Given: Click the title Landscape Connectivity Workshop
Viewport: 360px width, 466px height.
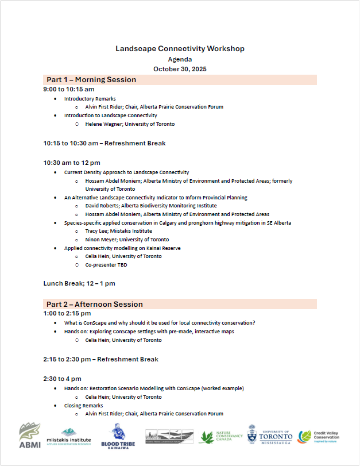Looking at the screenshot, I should tap(180, 49).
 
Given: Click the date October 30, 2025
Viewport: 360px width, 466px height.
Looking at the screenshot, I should tap(180, 69).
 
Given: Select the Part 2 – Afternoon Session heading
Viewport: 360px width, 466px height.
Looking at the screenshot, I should tap(95, 304).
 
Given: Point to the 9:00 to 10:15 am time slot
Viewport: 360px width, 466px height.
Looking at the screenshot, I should tap(69, 90).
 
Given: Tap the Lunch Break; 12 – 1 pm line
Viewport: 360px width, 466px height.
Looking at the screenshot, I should tap(79, 283).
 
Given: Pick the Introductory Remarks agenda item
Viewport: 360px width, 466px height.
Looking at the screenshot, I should tap(90, 99).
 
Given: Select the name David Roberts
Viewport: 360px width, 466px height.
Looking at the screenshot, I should tap(102, 206).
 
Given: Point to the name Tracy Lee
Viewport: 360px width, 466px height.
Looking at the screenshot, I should tap(96, 231).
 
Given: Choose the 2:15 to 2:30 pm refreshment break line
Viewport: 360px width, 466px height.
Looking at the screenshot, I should tap(100, 359).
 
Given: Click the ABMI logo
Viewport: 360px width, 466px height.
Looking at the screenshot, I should tap(30, 436).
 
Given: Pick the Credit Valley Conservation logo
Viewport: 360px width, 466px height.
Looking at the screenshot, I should tap(319, 437).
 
